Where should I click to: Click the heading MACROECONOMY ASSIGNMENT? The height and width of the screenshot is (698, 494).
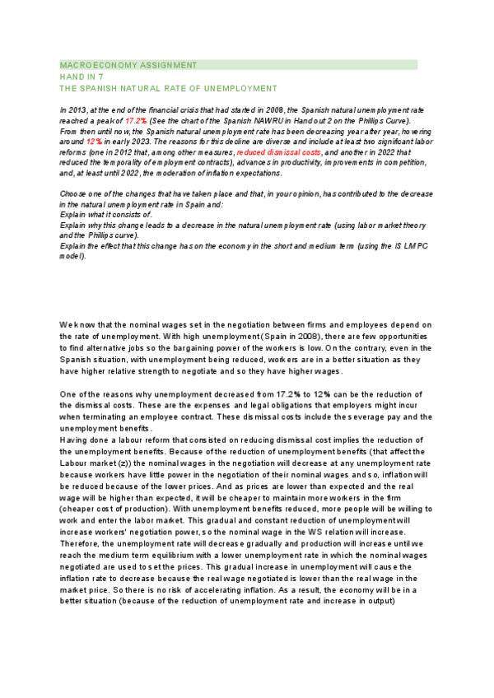point(128,64)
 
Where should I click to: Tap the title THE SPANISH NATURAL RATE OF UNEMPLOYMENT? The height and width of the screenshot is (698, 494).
point(169,87)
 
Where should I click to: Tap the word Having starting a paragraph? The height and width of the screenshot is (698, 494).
point(75,440)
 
